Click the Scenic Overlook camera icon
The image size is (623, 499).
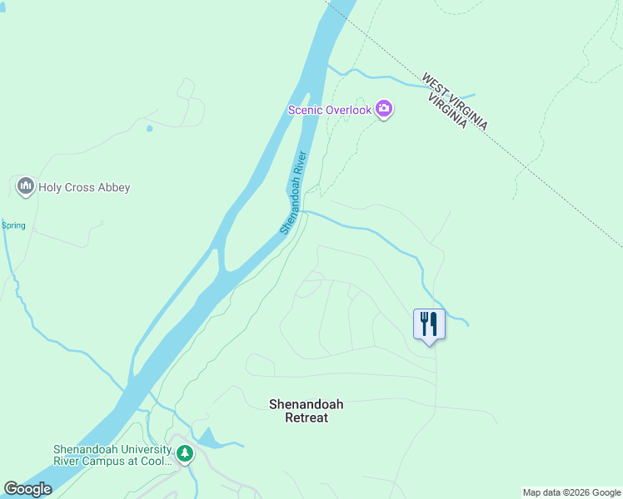tap(384, 109)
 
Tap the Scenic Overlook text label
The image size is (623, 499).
tap(329, 110)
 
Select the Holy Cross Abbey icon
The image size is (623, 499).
tap(25, 185)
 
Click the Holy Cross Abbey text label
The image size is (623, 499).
tap(84, 187)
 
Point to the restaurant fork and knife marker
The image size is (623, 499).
tap(429, 323)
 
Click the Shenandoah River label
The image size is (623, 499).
tap(294, 192)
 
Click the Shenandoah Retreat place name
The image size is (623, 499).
tap(306, 411)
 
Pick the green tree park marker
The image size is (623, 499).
tap(185, 454)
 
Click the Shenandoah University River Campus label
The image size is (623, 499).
tap(112, 455)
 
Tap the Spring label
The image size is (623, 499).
tap(13, 225)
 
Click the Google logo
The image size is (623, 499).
tap(27, 489)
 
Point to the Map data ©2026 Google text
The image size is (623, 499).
tap(571, 492)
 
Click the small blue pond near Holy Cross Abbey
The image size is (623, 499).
tap(149, 128)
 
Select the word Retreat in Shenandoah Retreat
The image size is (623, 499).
tap(306, 418)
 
